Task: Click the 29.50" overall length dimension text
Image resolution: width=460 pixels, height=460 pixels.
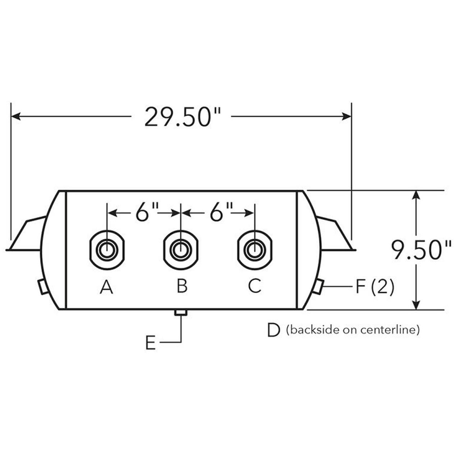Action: [181, 116]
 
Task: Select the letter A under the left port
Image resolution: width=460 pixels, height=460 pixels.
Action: [106, 287]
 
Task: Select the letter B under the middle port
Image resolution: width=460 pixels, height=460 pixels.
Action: [182, 286]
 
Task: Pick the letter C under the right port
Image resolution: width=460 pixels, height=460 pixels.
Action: [254, 286]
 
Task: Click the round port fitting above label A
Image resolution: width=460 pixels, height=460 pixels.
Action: [106, 250]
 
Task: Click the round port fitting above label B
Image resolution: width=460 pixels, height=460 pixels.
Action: [180, 250]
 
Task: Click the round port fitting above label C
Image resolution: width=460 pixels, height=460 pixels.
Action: [254, 250]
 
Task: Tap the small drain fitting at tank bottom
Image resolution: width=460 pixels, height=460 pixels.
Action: [180, 313]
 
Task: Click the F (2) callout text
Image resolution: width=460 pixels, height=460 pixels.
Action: [374, 287]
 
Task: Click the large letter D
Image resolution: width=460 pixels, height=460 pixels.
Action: [273, 330]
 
